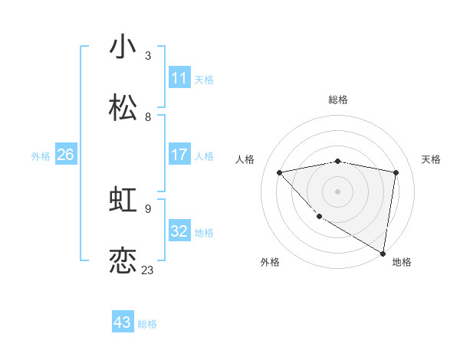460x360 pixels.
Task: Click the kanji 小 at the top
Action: click(123, 47)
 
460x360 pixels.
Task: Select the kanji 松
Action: click(123, 107)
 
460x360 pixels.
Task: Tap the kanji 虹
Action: click(123, 200)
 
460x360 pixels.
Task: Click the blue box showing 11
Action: click(179, 78)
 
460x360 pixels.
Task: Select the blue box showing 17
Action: click(179, 155)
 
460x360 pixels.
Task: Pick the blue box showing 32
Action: click(179, 231)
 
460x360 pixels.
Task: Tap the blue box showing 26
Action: click(65, 155)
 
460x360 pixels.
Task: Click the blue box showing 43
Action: click(123, 322)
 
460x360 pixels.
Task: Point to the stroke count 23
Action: click(147, 270)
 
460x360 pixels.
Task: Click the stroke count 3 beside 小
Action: click(148, 56)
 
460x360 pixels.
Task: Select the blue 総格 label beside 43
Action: click(147, 324)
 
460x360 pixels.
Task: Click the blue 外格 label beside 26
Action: click(41, 156)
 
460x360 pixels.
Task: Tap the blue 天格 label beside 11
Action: click(204, 80)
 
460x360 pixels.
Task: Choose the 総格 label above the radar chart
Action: click(338, 100)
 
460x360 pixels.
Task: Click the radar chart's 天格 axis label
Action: click(432, 159)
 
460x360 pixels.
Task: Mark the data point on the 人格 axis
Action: click(280, 172)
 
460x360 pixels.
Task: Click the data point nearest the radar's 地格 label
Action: click(383, 253)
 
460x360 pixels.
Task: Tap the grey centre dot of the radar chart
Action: click(337, 191)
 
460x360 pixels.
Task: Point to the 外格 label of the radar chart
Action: click(270, 262)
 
